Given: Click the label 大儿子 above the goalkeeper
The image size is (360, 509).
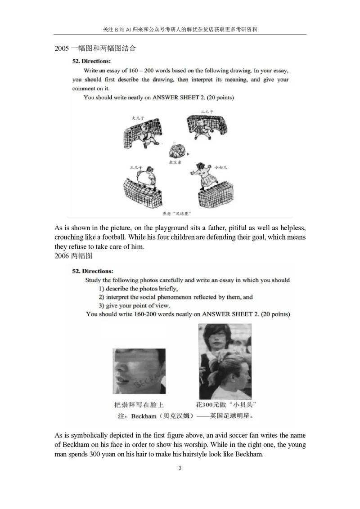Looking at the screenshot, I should (x=137, y=118).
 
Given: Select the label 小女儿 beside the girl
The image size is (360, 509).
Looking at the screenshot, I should (x=221, y=167).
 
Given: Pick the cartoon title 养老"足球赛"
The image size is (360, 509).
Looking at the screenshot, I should (x=176, y=214).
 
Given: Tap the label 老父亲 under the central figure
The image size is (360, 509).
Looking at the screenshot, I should (x=175, y=162).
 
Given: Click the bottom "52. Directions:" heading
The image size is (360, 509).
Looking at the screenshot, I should (x=93, y=271).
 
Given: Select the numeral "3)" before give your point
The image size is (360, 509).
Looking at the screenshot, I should (x=101, y=306).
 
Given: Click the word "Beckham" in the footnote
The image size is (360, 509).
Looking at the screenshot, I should (x=144, y=416).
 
